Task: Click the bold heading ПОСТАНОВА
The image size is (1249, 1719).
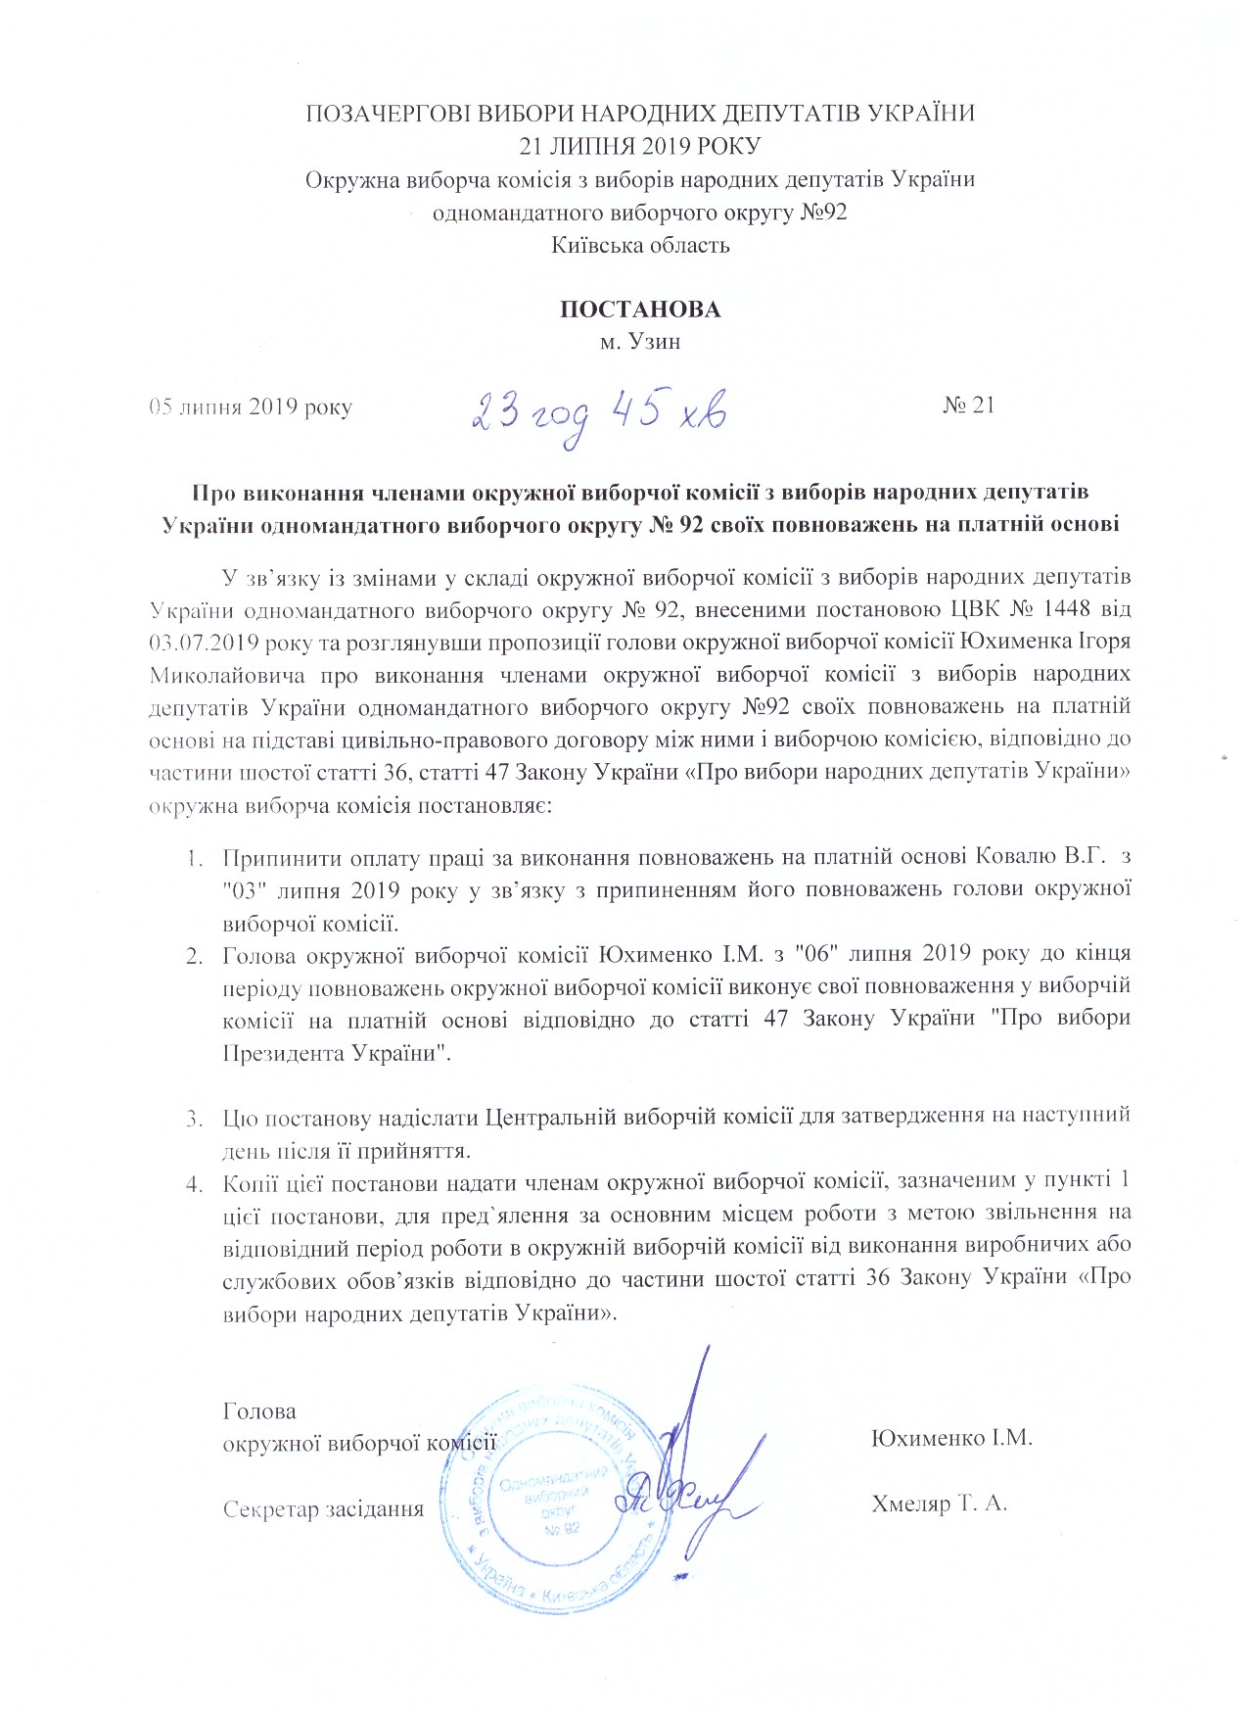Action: click(x=639, y=310)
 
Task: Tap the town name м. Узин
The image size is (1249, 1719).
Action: click(x=640, y=342)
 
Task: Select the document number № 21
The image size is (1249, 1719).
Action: click(x=969, y=406)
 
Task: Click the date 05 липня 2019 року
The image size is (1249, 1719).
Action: click(x=251, y=406)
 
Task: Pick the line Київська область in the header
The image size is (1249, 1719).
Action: click(x=640, y=245)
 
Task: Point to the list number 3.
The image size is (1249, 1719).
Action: click(x=194, y=1117)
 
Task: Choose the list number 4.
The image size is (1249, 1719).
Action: click(x=194, y=1183)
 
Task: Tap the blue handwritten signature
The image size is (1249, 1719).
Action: click(x=690, y=1479)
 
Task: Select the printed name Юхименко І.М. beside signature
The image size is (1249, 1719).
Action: click(x=951, y=1438)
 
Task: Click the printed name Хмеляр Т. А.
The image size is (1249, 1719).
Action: click(x=939, y=1504)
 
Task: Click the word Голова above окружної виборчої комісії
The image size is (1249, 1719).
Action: click(x=259, y=1411)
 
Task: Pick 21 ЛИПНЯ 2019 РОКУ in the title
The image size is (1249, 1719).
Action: click(x=640, y=146)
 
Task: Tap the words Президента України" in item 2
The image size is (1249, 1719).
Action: click(x=337, y=1054)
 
